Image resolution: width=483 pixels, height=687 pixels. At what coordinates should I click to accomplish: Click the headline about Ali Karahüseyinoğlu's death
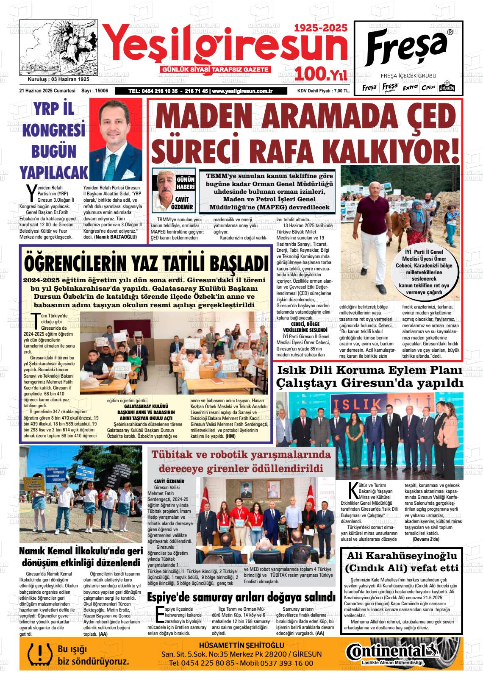(402, 562)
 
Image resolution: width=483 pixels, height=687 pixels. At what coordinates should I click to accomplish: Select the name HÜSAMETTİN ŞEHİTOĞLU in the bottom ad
(241, 645)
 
